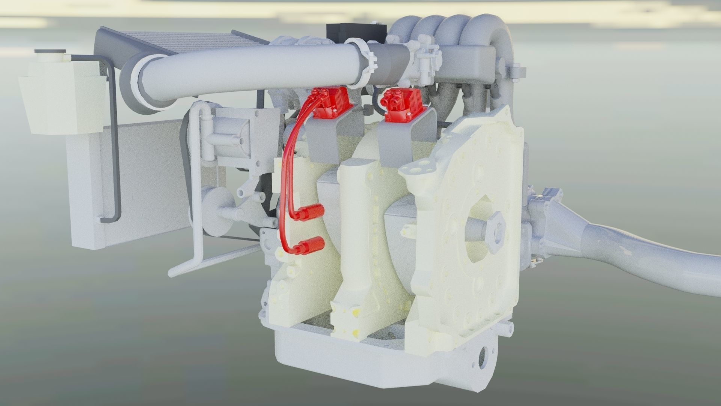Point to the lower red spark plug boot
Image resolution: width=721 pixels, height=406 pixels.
point(311,245)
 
